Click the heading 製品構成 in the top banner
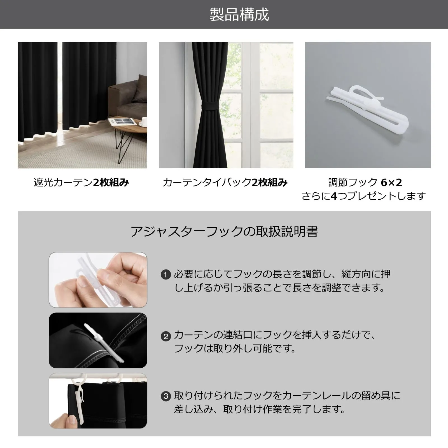(239, 15)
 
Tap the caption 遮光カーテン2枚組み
(81, 183)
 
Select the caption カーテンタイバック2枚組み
(225, 183)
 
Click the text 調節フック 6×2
(365, 183)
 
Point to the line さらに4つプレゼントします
(364, 196)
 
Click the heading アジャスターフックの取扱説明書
(224, 232)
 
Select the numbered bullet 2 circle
(166, 336)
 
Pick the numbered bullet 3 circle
(166, 396)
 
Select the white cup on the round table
(143, 122)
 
